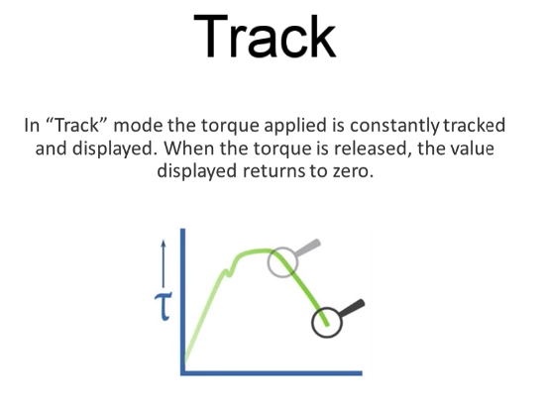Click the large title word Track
265,37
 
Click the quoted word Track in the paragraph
76,125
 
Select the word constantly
394,126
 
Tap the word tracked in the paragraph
475,125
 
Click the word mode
138,126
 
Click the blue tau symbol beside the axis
164,307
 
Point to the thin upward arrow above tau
164,263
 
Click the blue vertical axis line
182,301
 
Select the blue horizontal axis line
272,373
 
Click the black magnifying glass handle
352,308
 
